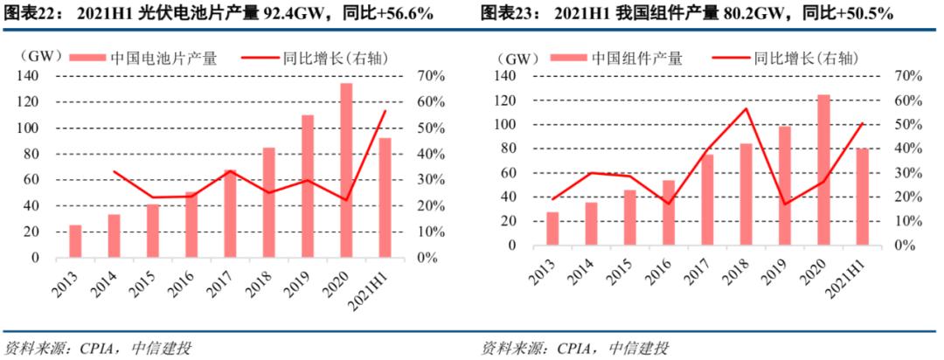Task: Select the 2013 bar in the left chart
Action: [76, 241]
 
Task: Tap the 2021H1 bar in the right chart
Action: [861, 196]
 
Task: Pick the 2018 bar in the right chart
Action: [745, 194]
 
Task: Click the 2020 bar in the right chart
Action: [823, 170]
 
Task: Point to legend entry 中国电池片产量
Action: [163, 59]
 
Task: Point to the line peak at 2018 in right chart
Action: [746, 108]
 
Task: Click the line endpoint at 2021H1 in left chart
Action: [385, 111]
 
